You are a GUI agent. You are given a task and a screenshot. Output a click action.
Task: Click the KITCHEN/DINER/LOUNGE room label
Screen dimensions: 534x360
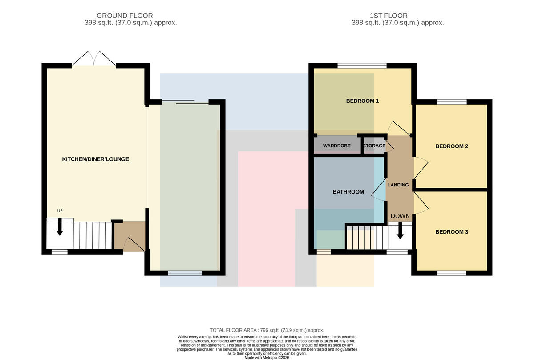pyautogui.click(x=95, y=159)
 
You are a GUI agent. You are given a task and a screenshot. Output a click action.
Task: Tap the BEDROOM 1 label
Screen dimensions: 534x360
pyautogui.click(x=362, y=101)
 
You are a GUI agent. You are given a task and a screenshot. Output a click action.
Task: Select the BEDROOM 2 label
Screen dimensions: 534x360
pyautogui.click(x=452, y=146)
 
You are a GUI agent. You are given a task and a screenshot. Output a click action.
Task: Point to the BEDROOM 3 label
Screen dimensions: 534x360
pyautogui.click(x=452, y=232)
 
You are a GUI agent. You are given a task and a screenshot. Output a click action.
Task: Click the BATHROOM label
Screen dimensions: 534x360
pyautogui.click(x=348, y=192)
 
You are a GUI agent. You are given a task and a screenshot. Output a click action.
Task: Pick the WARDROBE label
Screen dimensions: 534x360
pyautogui.click(x=336, y=146)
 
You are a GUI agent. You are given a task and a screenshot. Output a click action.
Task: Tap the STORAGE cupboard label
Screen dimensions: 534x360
pyautogui.click(x=374, y=146)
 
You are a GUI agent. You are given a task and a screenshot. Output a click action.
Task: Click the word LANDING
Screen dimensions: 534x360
pyautogui.click(x=398, y=185)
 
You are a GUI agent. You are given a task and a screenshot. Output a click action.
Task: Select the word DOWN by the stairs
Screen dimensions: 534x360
pyautogui.click(x=400, y=216)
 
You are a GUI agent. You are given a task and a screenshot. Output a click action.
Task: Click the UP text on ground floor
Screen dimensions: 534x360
pyautogui.click(x=60, y=211)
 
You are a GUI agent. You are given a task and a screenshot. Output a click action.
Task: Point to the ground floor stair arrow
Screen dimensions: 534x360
pyautogui.click(x=60, y=227)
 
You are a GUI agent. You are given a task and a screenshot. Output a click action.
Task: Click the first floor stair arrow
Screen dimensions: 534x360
pyautogui.click(x=400, y=231)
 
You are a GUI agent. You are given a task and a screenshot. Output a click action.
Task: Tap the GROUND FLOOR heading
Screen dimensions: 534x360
pyautogui.click(x=125, y=16)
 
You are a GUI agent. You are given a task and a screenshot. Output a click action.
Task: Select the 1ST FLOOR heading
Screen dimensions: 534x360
pyautogui.click(x=388, y=16)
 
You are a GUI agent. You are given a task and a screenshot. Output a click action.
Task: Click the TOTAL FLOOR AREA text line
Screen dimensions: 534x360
pyautogui.click(x=267, y=330)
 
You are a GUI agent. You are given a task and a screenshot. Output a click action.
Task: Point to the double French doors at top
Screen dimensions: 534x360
pyautogui.click(x=94, y=58)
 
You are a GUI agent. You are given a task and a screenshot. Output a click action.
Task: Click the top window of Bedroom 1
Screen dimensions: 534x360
pyautogui.click(x=362, y=65)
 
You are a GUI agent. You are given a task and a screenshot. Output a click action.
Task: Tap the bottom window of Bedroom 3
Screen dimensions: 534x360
pyautogui.click(x=452, y=273)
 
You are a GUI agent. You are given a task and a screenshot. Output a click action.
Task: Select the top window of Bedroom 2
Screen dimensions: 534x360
pyautogui.click(x=452, y=102)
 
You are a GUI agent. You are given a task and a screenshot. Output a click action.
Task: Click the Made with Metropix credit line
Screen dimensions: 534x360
pyautogui.click(x=267, y=358)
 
